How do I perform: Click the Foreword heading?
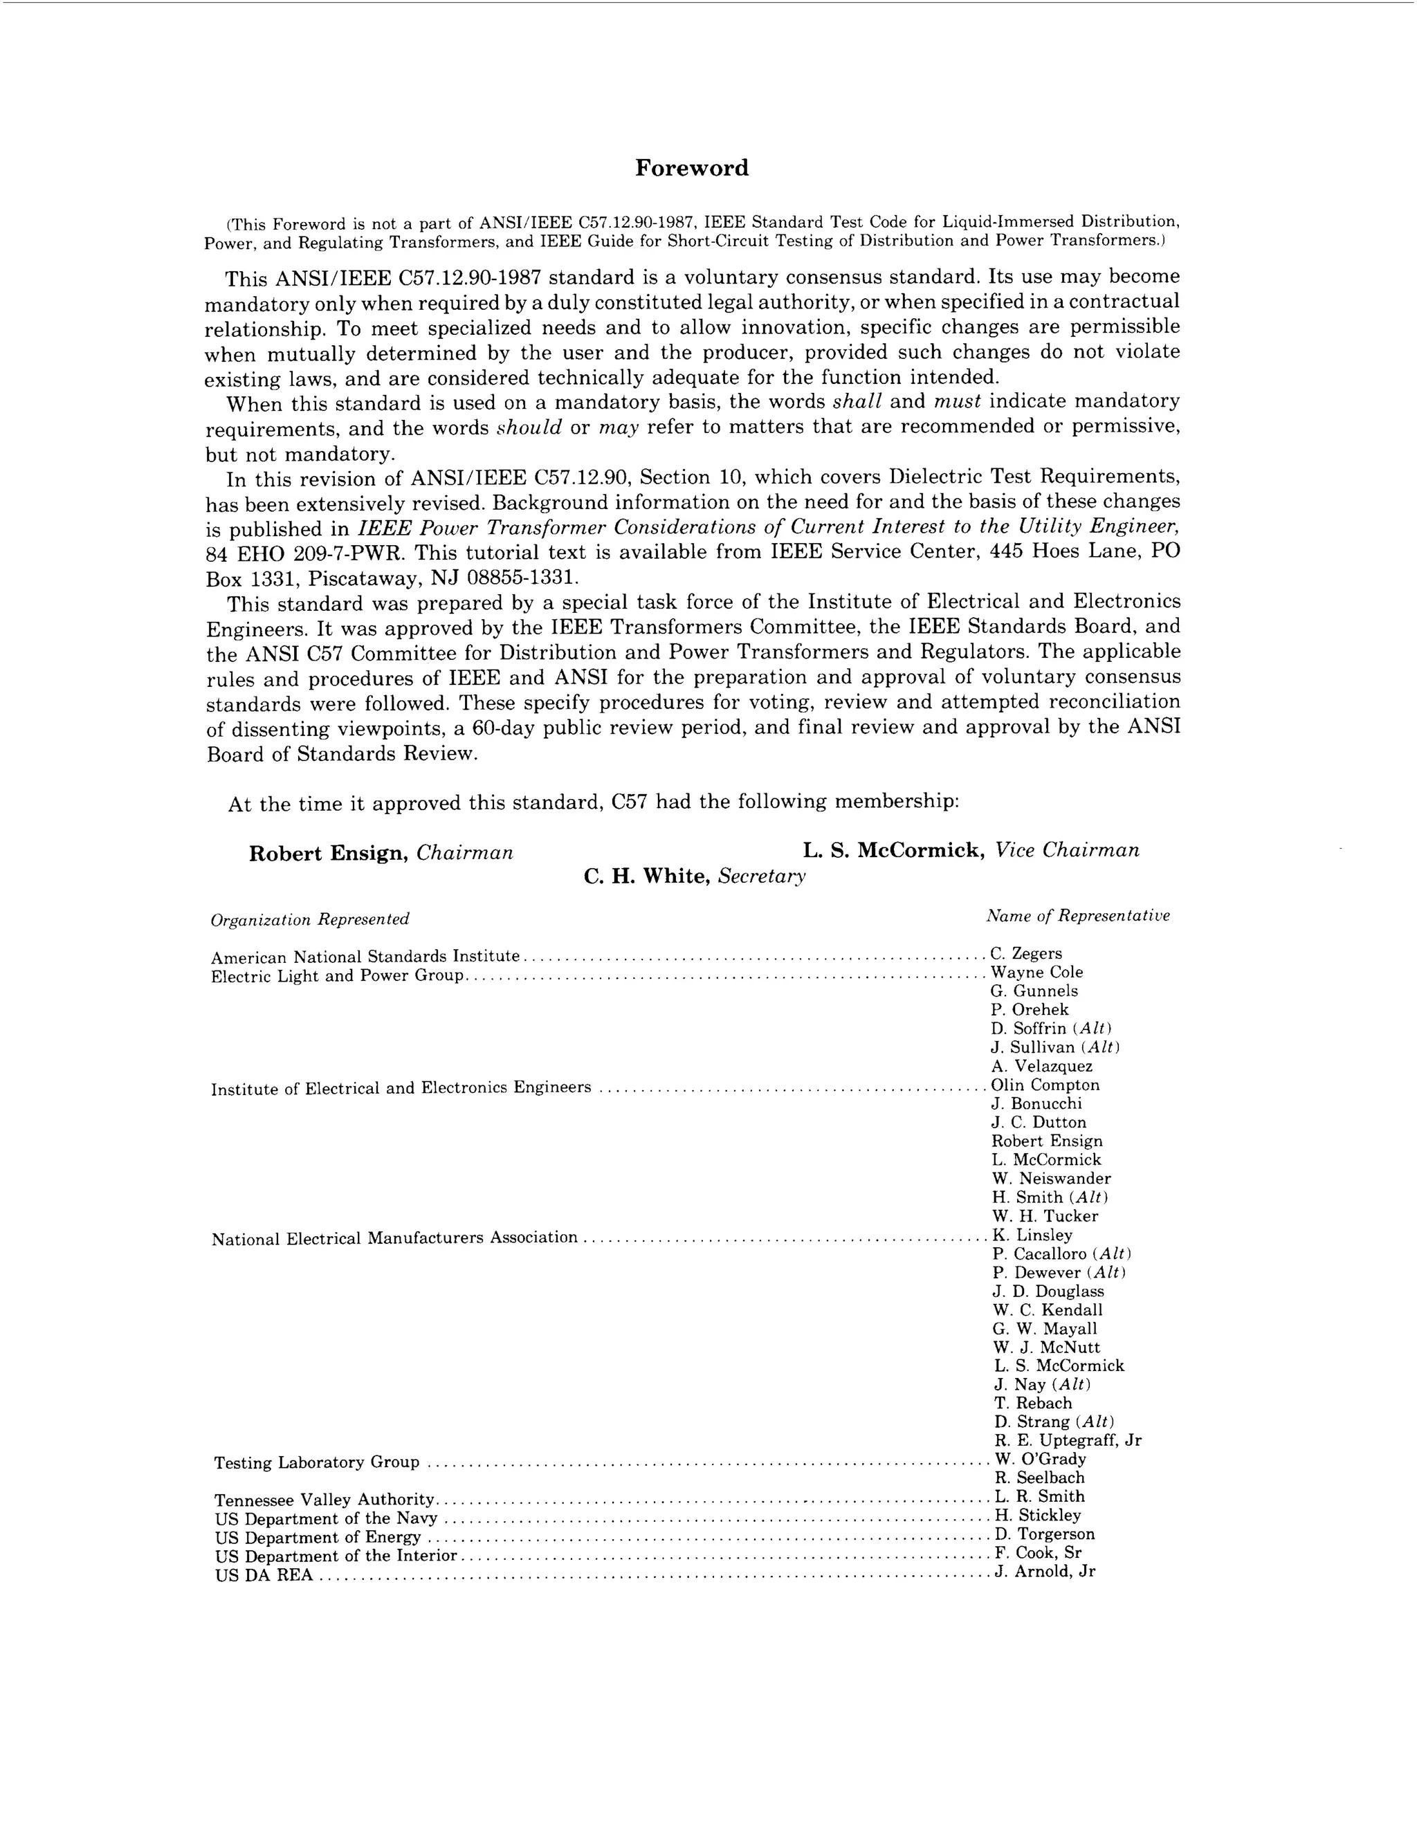click(x=691, y=167)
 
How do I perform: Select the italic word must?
click(x=956, y=401)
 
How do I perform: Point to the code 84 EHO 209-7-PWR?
click(x=305, y=553)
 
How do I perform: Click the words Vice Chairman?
click(x=1067, y=850)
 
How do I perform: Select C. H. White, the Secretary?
click(x=646, y=876)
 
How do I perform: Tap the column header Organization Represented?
click(x=310, y=919)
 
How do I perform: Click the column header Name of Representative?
click(x=1077, y=916)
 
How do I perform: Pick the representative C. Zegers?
click(x=1026, y=953)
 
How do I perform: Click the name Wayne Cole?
click(x=1036, y=973)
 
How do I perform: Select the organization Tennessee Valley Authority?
click(x=324, y=1500)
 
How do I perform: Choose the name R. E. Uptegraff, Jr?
click(x=1068, y=1440)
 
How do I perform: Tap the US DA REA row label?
click(x=264, y=1575)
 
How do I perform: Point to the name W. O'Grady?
click(x=1040, y=1459)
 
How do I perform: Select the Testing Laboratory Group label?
click(x=317, y=1462)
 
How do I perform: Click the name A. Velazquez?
click(x=1042, y=1066)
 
